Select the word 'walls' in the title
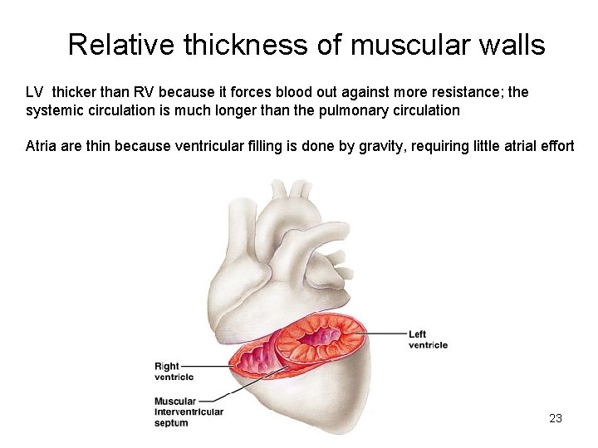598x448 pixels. pos(512,45)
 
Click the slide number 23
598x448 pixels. pos(556,418)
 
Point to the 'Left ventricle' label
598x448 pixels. pos(427,339)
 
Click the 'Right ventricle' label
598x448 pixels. pos(174,371)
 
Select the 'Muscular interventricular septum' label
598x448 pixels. pos(189,411)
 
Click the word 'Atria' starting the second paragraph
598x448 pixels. pos(41,146)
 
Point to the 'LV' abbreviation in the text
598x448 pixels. pos(36,92)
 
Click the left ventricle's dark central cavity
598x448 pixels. pos(321,336)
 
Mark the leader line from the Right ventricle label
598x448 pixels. pos(216,365)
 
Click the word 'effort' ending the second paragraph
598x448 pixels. pos(555,146)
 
